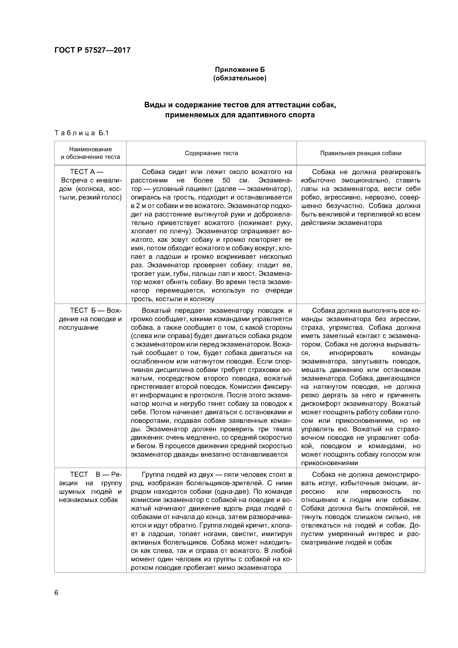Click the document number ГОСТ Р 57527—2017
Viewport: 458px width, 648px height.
[x=92, y=50]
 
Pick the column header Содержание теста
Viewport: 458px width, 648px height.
[x=211, y=153]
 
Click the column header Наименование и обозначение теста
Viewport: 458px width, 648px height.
[x=90, y=153]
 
